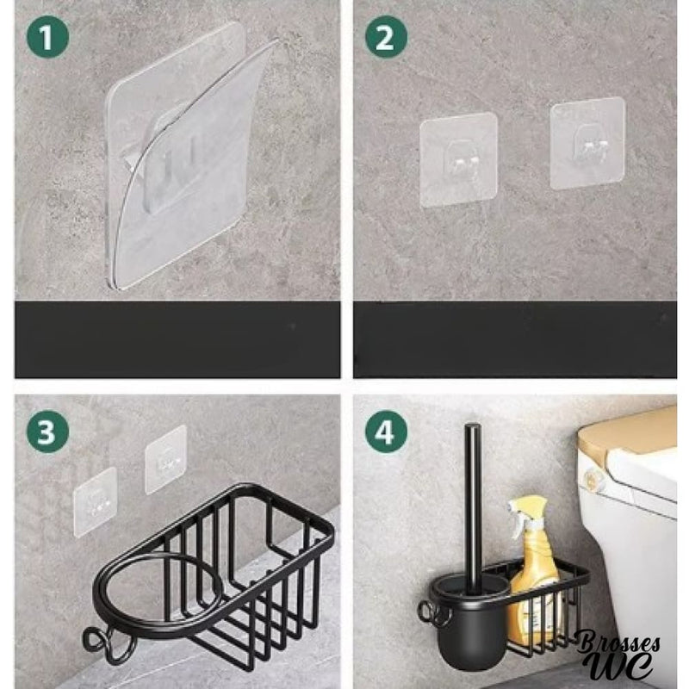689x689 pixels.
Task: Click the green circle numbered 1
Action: tap(48, 37)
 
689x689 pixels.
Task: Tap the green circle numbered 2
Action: tap(386, 37)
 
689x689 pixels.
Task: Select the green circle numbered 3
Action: tap(48, 432)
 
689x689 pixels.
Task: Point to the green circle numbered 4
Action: tap(386, 432)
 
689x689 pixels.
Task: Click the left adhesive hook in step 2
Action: tap(458, 159)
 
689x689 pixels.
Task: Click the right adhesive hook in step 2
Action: tap(587, 143)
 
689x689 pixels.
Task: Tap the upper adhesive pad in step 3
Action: tap(165, 460)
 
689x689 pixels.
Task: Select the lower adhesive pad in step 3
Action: tap(96, 502)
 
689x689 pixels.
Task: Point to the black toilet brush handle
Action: tap(472, 501)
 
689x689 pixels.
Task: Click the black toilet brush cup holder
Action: tap(469, 624)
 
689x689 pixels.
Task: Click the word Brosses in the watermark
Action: tap(618, 642)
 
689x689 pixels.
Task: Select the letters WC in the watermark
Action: tap(620, 666)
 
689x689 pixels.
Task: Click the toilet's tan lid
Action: tap(628, 434)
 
